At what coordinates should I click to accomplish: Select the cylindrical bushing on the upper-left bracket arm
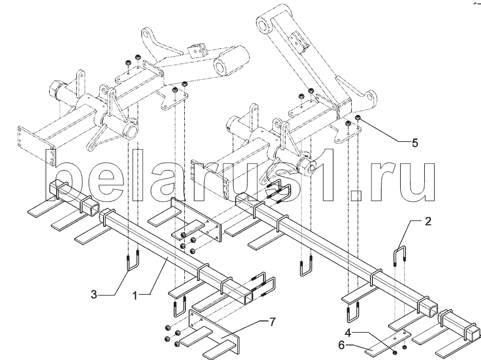pos(232,62)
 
